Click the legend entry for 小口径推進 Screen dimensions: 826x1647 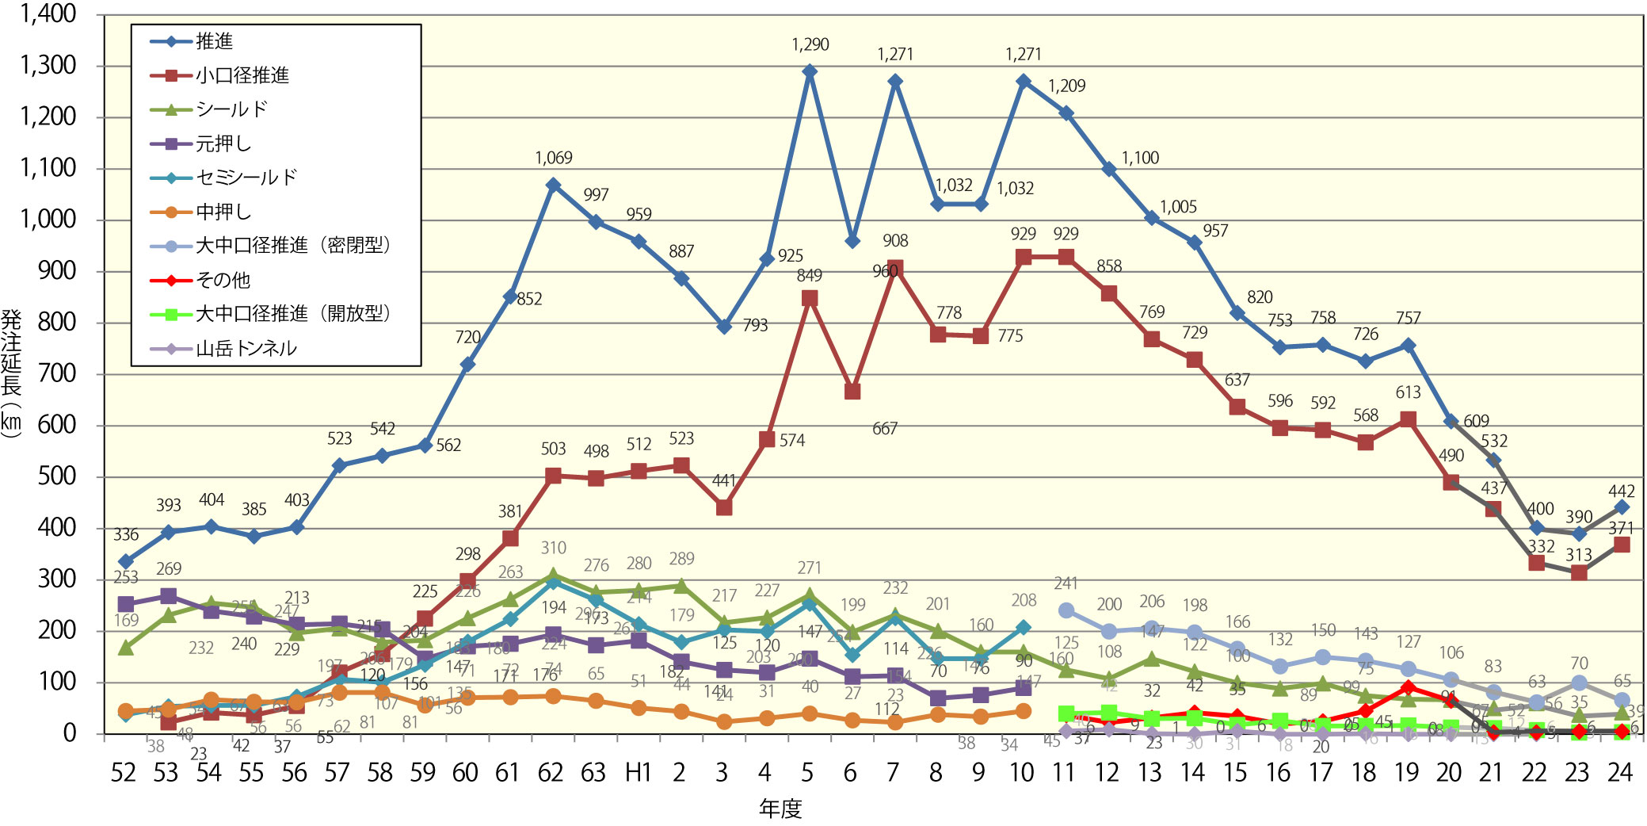[242, 75]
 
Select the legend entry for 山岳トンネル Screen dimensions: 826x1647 [246, 348]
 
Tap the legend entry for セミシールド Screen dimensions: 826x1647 [246, 178]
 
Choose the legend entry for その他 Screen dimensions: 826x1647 [223, 280]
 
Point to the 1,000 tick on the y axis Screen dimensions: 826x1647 [48, 220]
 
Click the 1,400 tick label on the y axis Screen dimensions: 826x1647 [48, 13]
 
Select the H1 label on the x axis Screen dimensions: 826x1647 [638, 773]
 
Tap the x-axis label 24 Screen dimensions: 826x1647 [1620, 773]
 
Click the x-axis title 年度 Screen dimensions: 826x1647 [780, 809]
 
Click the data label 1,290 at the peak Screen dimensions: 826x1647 [810, 44]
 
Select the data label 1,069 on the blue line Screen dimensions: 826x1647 [553, 158]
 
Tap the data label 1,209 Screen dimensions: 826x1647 [1066, 86]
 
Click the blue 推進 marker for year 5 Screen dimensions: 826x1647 [810, 71]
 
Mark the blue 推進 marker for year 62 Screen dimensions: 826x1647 [553, 185]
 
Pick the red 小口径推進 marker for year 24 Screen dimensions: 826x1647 [1621, 545]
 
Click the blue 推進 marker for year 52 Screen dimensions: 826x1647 [125, 561]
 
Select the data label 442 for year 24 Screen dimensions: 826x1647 [1621, 491]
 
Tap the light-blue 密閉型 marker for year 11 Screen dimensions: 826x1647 [1066, 610]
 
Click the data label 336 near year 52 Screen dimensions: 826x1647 [125, 535]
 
